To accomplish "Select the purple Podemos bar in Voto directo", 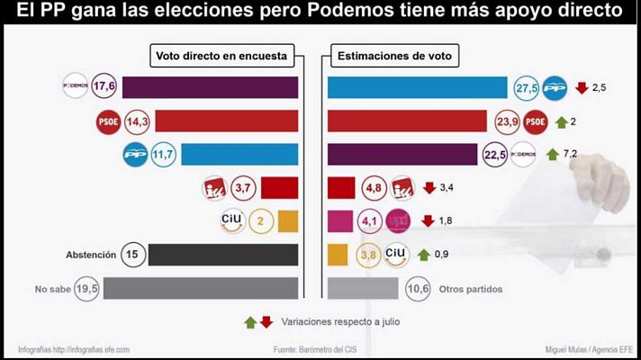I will coord(210,87).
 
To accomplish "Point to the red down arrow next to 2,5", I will coord(581,87).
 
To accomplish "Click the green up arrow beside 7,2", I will coord(553,154).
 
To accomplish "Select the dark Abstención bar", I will coord(222,255).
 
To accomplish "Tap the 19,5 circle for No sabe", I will coord(87,288).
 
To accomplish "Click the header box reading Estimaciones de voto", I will coord(395,56).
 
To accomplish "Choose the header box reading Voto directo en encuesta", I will coord(221,56).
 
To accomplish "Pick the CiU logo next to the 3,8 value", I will coord(396,254).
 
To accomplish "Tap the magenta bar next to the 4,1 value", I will coord(339,220).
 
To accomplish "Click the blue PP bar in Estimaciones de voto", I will coord(417,87).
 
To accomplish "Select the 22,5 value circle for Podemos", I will coord(494,154).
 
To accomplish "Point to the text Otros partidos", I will coord(471,289).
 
